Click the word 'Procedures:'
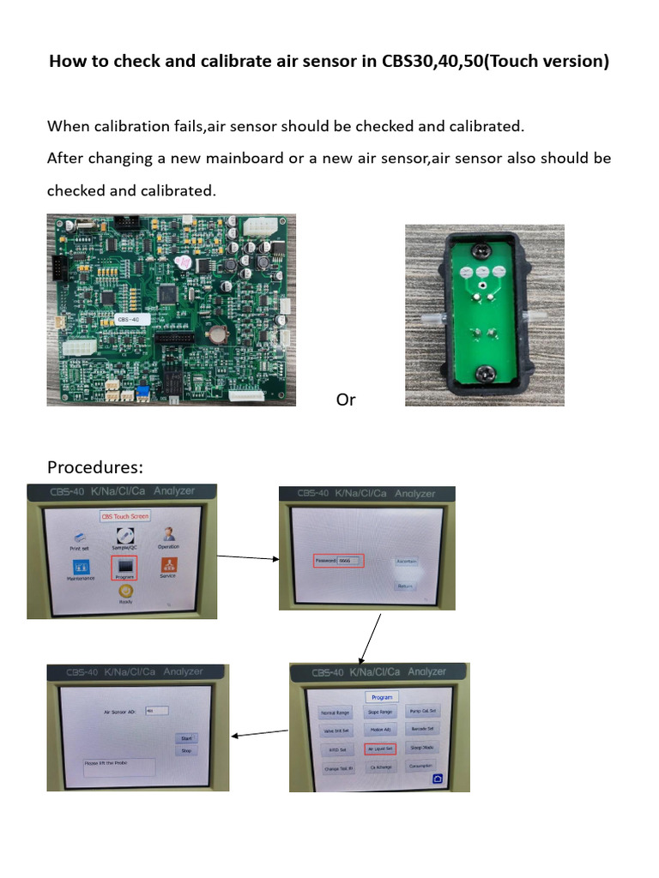coord(95,467)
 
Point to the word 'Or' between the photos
coord(346,400)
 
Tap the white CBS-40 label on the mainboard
coord(131,319)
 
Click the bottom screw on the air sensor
coord(482,372)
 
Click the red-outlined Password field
coord(338,561)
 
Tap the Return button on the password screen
coord(405,586)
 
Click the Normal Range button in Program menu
coord(334,713)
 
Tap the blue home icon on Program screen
coord(438,779)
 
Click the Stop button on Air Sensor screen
coord(184,750)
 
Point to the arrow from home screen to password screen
coord(247,557)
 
